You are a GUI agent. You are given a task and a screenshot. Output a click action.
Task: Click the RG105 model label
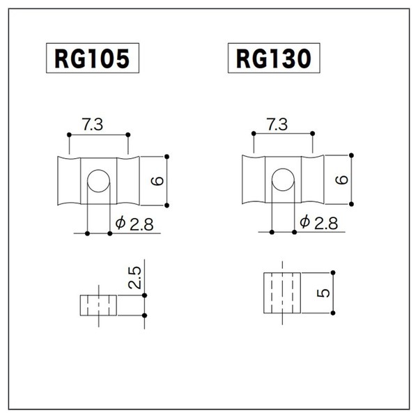coord(93,58)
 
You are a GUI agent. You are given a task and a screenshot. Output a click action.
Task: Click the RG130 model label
coord(274,58)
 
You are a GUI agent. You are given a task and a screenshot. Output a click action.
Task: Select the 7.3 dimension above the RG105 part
coord(92,125)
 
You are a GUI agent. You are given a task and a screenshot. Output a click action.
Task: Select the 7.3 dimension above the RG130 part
coord(277,125)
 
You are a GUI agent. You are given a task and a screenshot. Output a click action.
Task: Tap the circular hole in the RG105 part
coord(98,181)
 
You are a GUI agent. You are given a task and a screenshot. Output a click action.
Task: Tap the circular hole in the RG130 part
coord(283,180)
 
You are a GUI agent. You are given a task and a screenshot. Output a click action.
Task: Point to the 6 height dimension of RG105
coord(157,181)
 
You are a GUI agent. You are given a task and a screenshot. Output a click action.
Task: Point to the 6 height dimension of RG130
coord(342,180)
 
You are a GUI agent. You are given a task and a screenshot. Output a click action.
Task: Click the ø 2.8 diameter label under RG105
coord(134,224)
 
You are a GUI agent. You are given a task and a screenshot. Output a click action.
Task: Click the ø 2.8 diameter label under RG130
coord(319,223)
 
